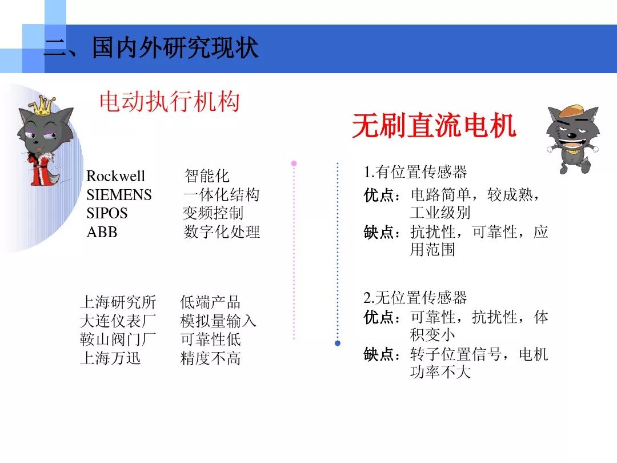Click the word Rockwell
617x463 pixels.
(x=115, y=176)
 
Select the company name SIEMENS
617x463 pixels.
(x=119, y=195)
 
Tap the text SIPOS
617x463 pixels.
(x=107, y=213)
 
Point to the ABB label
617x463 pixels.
(x=101, y=232)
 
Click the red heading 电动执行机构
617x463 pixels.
(x=169, y=103)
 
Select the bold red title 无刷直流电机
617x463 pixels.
(x=434, y=126)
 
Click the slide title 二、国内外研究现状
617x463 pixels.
(x=151, y=49)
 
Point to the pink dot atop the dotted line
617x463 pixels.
(x=294, y=163)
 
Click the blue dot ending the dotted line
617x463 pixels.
(x=338, y=343)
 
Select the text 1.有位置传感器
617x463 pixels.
(x=415, y=172)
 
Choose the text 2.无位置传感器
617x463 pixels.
(x=415, y=298)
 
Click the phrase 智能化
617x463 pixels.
(x=206, y=176)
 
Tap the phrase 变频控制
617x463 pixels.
(x=213, y=213)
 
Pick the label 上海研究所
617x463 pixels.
(x=118, y=302)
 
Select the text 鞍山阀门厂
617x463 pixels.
(x=118, y=340)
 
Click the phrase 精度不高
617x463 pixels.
(x=210, y=358)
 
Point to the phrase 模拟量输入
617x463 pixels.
(x=218, y=321)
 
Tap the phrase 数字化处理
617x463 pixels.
(x=221, y=232)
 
